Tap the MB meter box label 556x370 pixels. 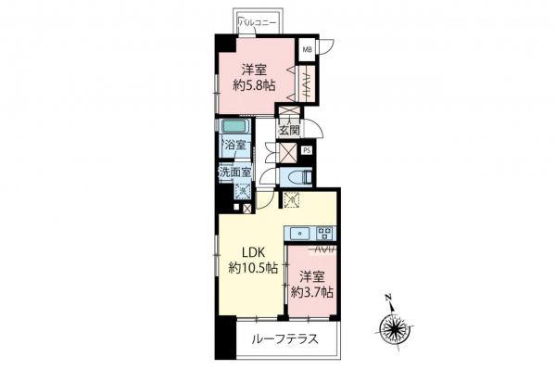point(307,50)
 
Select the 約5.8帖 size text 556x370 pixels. point(254,84)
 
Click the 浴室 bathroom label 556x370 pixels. point(234,145)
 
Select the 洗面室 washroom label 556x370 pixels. point(234,172)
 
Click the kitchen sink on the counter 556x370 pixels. point(302,233)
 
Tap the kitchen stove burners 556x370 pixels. point(325,233)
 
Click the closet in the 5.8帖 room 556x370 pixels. point(304,84)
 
